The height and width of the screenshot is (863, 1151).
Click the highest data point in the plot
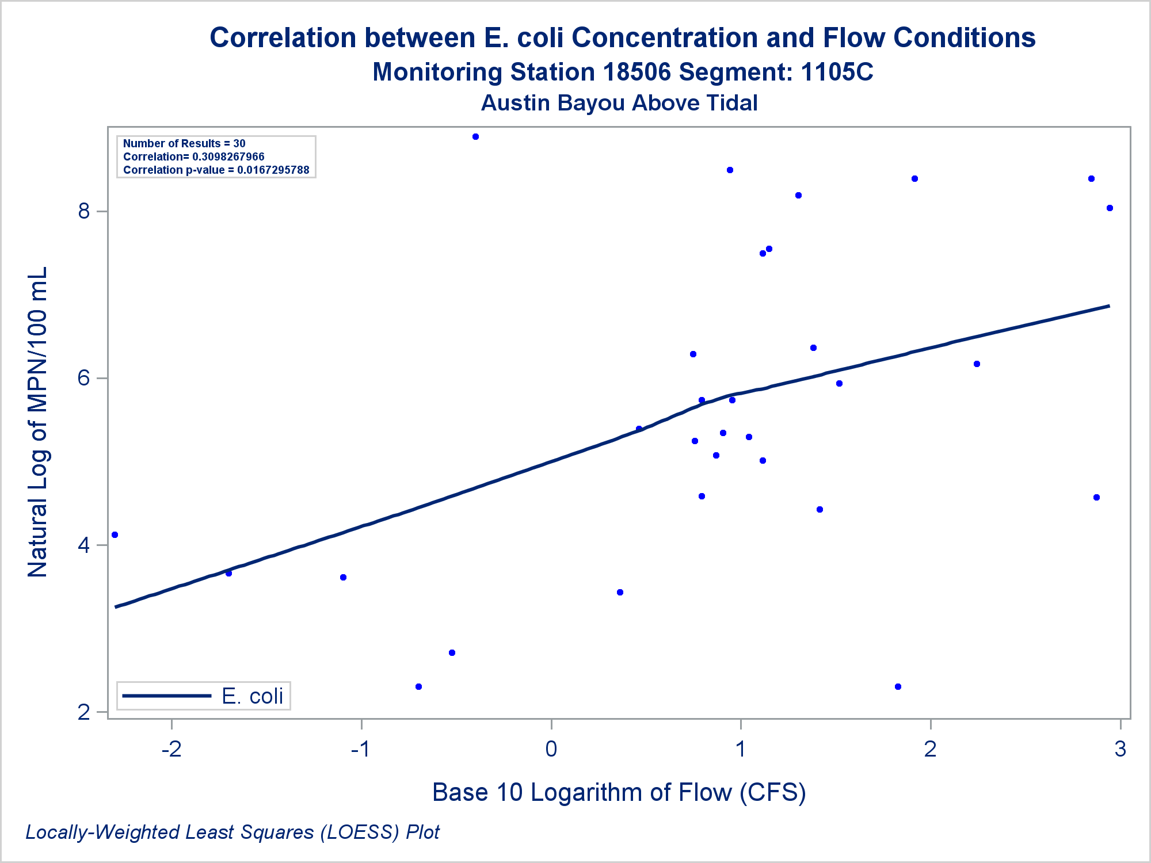(475, 137)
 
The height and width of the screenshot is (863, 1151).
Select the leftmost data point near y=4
(115, 535)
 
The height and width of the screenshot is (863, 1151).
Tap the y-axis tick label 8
(85, 211)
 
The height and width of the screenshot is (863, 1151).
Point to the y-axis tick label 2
(85, 712)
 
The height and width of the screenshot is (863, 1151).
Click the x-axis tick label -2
(171, 749)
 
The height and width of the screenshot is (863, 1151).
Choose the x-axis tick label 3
(1120, 749)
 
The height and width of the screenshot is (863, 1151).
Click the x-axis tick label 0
(551, 749)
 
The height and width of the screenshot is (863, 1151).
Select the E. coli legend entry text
(252, 696)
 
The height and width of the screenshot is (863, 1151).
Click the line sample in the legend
(167, 696)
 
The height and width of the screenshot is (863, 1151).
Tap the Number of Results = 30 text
(184, 143)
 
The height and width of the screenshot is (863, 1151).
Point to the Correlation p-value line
(216, 170)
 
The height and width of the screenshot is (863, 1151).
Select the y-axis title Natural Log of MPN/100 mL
(38, 422)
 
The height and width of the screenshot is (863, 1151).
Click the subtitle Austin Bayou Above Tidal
(619, 103)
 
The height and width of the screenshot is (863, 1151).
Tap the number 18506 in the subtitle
(637, 72)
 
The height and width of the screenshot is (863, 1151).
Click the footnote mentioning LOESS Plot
(233, 832)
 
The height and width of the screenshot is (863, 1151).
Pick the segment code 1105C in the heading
(837, 72)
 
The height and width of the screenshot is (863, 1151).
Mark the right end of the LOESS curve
(1108, 306)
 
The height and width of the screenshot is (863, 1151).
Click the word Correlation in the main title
(283, 38)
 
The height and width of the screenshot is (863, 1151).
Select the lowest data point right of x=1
(898, 686)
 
